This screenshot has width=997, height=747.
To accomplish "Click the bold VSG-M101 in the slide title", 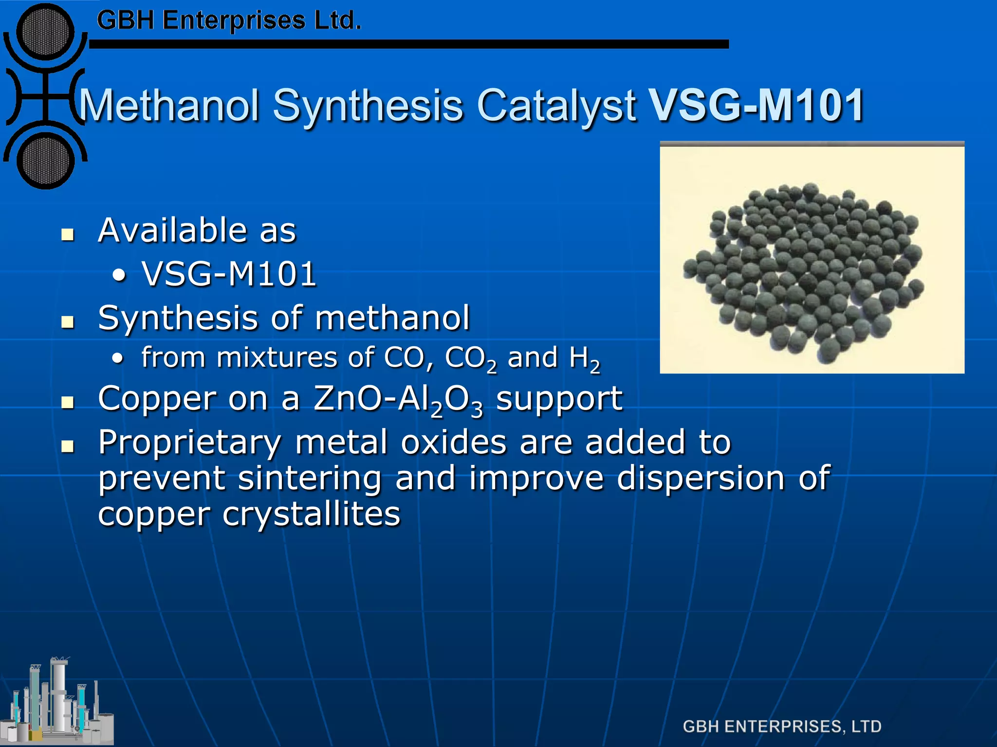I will tap(757, 106).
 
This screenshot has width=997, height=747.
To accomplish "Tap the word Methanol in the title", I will tap(168, 106).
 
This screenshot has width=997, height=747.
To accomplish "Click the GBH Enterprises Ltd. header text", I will tap(229, 21).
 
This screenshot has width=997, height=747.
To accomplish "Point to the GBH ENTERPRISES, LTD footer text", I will tap(782, 726).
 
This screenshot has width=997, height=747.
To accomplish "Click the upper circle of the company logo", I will tap(45, 32).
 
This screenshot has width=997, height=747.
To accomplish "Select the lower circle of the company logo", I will tap(45, 161).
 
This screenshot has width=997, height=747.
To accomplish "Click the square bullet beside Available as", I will tap(68, 234).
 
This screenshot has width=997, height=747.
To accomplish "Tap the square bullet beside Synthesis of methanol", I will tap(68, 322).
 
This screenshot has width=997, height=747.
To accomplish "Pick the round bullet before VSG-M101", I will tap(118, 276).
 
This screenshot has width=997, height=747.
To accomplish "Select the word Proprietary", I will tap(190, 444).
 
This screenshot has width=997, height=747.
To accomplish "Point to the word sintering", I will tap(310, 479).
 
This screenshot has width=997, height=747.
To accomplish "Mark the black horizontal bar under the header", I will tap(409, 44).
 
